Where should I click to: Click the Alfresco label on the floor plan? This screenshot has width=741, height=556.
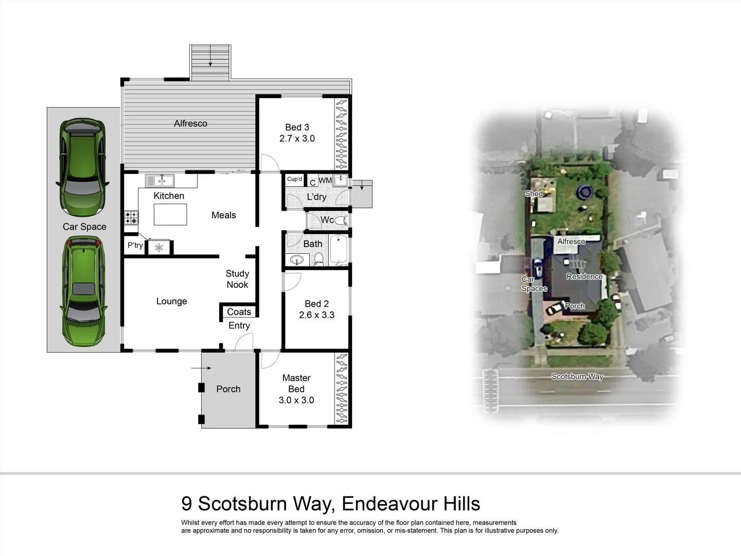[x=190, y=124]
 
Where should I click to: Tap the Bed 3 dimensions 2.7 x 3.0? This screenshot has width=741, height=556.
[x=297, y=138]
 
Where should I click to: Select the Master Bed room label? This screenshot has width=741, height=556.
[x=296, y=384]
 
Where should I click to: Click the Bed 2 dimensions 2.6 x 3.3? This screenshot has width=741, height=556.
[x=316, y=315]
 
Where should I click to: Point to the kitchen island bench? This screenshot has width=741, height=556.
[x=170, y=215]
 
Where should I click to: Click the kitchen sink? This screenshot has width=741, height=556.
[x=160, y=181]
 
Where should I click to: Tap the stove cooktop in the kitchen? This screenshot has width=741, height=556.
[x=131, y=218]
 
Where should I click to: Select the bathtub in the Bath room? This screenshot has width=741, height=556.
[x=339, y=250]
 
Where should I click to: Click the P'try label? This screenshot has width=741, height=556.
[x=135, y=246]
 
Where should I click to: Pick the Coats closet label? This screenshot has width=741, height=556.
[x=239, y=312]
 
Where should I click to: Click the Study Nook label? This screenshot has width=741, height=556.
[x=237, y=279]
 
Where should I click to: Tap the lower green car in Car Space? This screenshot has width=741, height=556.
[x=84, y=292]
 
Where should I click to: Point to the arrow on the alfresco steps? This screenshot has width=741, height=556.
[x=210, y=63]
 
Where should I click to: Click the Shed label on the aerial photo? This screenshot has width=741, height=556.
[x=534, y=194]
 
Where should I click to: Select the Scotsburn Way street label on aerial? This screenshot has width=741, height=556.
[x=577, y=376]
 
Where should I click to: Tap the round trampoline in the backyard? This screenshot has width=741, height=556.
[x=584, y=193]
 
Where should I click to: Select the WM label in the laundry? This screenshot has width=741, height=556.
[x=325, y=181]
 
